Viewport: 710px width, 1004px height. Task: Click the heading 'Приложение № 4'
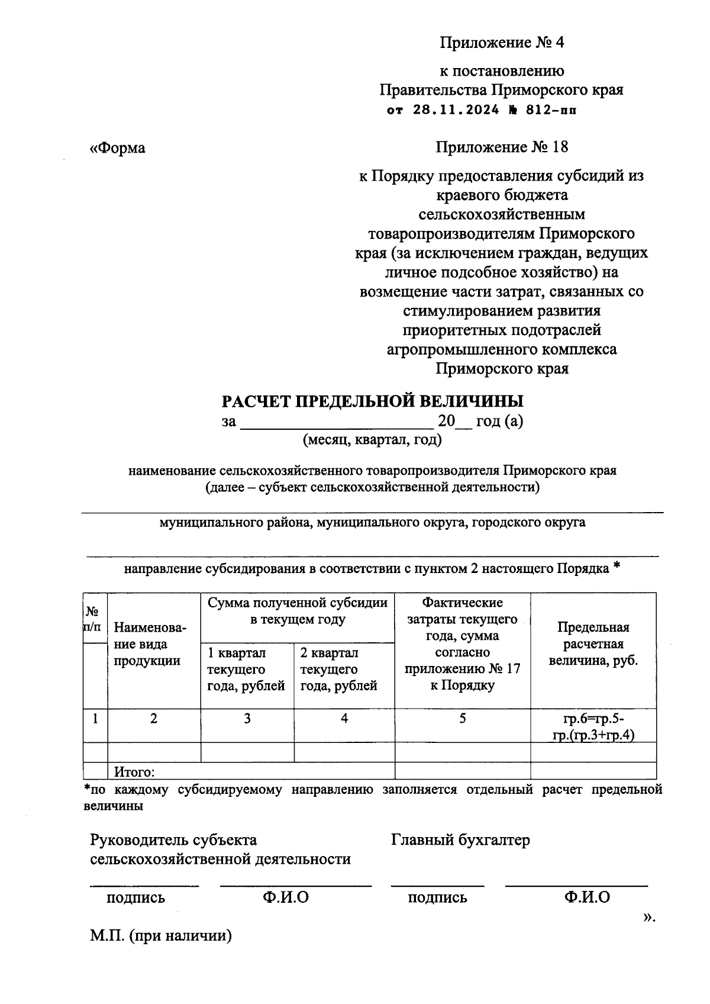[x=502, y=43]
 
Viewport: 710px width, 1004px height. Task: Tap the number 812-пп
[x=547, y=110]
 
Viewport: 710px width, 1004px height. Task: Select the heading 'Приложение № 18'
[x=502, y=147]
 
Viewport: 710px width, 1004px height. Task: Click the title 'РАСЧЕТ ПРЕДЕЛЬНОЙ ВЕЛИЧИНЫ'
[x=372, y=401]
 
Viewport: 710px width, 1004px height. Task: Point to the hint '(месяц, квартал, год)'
[x=372, y=440]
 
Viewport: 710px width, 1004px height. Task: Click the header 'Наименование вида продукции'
[x=150, y=644]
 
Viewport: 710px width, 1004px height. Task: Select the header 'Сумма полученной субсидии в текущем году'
[x=298, y=611]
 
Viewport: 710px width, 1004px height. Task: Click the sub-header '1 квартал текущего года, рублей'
[x=246, y=670]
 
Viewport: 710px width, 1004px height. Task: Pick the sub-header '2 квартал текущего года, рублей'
[x=339, y=670]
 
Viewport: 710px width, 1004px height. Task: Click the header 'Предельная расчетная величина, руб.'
[x=593, y=644]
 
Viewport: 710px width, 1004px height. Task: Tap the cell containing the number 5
[x=462, y=719]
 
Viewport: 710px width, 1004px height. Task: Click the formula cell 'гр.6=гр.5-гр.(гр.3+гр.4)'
[x=593, y=727]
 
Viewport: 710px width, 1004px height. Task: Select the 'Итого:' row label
[x=134, y=772]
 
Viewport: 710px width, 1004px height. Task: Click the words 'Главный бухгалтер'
[x=460, y=839]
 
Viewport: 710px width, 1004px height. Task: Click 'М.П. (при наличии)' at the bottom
[x=160, y=936]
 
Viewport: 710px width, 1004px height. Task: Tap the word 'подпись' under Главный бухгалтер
[x=437, y=897]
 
